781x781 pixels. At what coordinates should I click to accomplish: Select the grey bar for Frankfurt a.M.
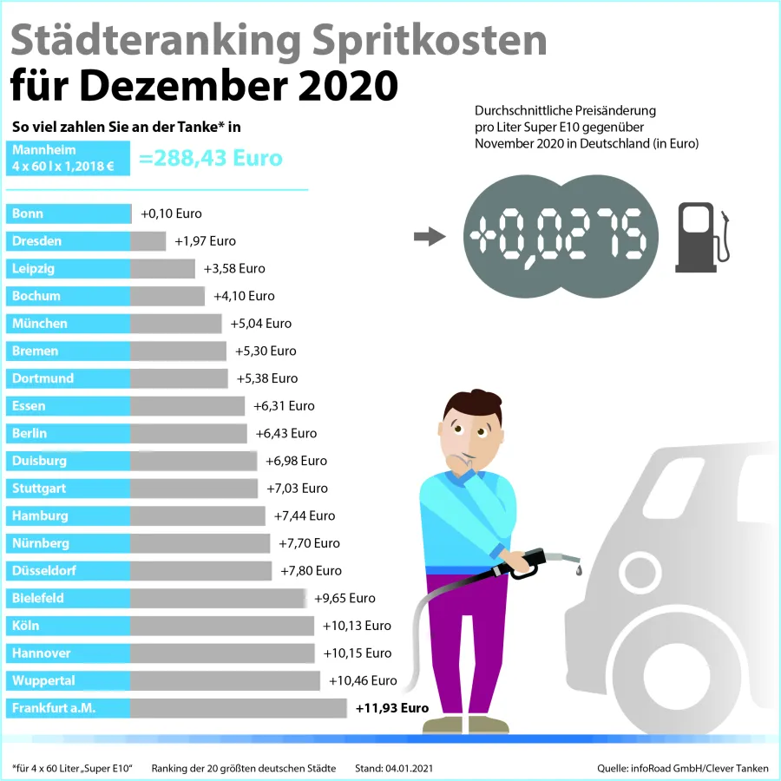tap(238, 708)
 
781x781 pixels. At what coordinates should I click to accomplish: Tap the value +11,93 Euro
tap(392, 708)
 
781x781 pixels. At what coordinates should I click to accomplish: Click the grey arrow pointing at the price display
tap(429, 237)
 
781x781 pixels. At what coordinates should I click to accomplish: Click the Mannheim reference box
tap(68, 158)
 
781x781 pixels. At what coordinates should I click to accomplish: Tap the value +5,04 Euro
tap(260, 324)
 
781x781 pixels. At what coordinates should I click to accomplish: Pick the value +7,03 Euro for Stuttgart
tap(297, 489)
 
